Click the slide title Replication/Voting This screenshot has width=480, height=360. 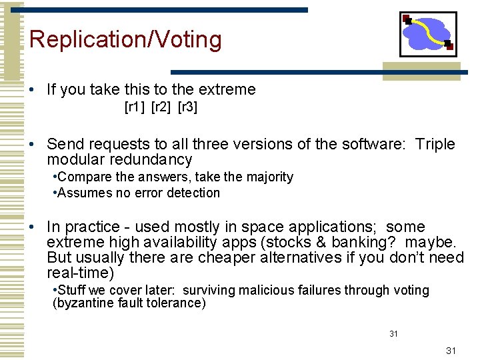tap(125, 40)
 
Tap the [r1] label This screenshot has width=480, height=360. tap(136, 107)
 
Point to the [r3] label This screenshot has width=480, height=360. tap(187, 107)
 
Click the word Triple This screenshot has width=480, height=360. tap(435, 144)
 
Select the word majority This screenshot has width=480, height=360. tap(269, 177)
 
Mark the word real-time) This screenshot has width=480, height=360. tap(81, 273)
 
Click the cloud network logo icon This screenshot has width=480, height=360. tap(428, 34)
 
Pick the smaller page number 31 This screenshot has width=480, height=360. tap(393, 333)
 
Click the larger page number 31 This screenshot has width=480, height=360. tap(451, 350)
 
